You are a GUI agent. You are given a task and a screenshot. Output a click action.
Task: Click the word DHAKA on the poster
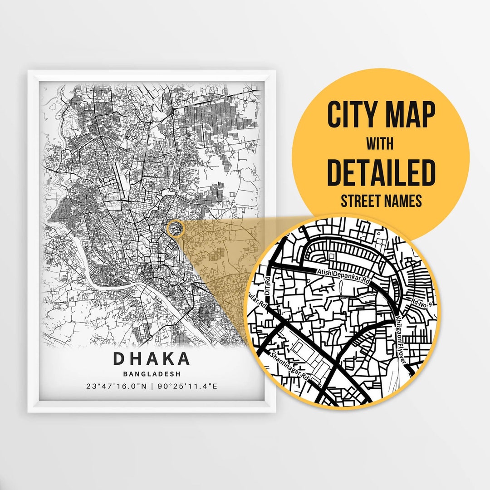point(152,358)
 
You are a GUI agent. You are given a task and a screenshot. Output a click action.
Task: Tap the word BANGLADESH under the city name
point(152,374)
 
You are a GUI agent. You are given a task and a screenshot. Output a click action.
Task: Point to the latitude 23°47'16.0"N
point(116,387)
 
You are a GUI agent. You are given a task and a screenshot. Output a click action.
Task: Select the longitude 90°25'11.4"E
point(187,387)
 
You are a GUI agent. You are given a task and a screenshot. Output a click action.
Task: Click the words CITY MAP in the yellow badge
point(381,115)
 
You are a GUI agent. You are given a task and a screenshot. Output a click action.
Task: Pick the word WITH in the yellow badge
point(380,144)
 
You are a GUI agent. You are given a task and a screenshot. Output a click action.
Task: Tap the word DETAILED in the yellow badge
point(381,172)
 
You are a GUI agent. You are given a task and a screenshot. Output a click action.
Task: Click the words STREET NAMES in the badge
point(381,200)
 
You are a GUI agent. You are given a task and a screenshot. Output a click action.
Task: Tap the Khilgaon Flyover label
point(399,336)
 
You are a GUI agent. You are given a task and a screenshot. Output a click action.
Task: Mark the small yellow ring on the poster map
point(175,228)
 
